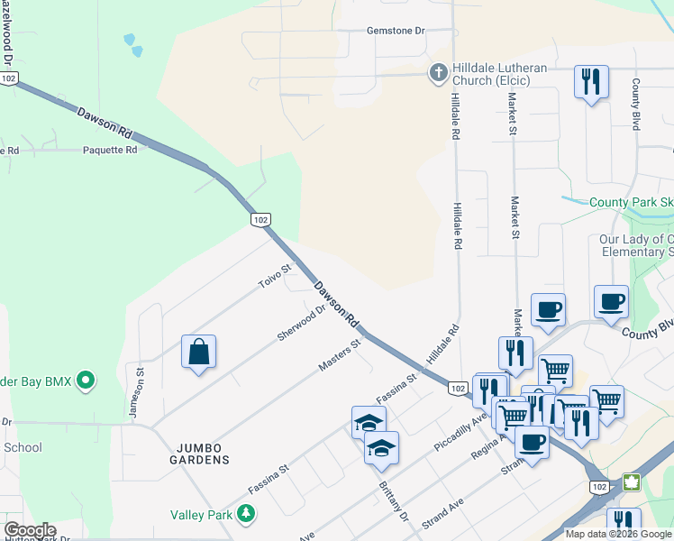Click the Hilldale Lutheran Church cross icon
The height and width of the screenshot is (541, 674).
[x=438, y=73]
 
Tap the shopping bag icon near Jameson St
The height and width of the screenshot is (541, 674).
[x=198, y=352]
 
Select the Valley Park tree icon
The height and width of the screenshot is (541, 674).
[x=245, y=514]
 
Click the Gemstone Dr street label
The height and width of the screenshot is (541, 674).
[x=395, y=31]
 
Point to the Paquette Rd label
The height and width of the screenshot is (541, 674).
[x=110, y=150]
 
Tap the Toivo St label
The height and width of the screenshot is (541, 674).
[x=276, y=276]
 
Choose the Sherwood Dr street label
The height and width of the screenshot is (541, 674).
[x=301, y=323]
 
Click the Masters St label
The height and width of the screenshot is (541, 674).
[x=340, y=355]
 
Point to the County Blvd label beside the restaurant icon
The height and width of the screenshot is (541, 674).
[x=636, y=105]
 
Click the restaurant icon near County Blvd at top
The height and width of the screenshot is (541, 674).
[x=591, y=82]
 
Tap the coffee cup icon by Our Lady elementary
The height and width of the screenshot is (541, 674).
[x=611, y=302]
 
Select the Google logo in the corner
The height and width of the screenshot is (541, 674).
[x=30, y=530]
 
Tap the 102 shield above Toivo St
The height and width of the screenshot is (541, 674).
[x=260, y=220]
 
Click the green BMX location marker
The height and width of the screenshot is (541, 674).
[x=86, y=381]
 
